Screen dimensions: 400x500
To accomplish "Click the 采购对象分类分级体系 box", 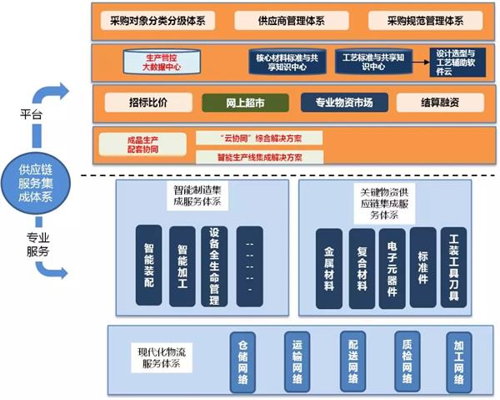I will pyautogui.click(x=157, y=20).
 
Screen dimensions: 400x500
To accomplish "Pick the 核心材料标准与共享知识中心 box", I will pyautogui.click(x=283, y=62).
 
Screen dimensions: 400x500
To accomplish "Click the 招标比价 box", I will pyautogui.click(x=148, y=103).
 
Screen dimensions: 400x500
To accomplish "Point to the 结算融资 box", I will pyautogui.click(x=439, y=103).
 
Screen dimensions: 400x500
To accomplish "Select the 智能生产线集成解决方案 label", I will pyautogui.click(x=249, y=156).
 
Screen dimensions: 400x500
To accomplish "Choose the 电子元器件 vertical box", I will pyautogui.click(x=392, y=266).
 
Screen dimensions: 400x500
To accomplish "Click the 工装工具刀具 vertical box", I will pyautogui.click(x=453, y=266).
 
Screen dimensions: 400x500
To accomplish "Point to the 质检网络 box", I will pyautogui.click(x=407, y=361).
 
